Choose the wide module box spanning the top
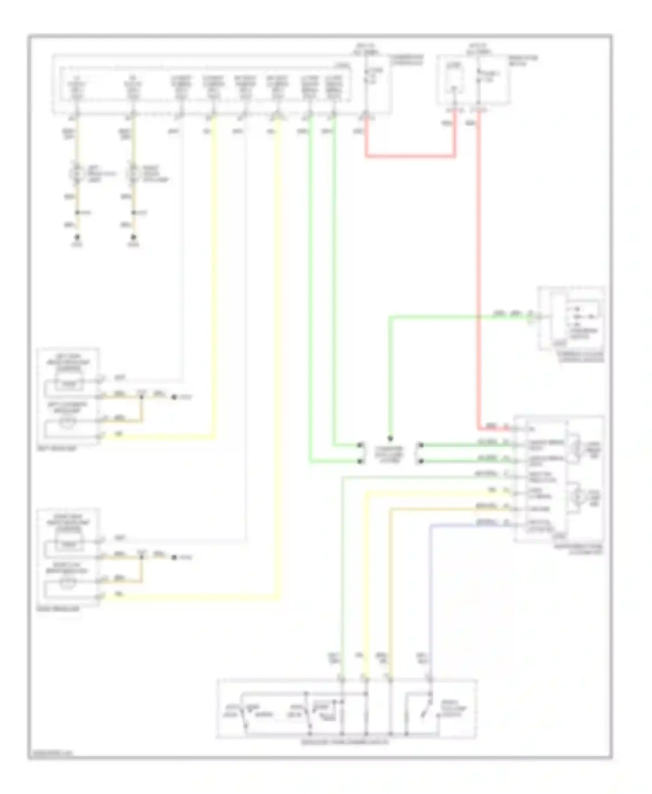point(222,85)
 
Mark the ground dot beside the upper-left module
point(174,397)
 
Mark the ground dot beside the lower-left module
point(174,557)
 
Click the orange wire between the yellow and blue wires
point(390,586)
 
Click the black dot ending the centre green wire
point(390,439)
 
